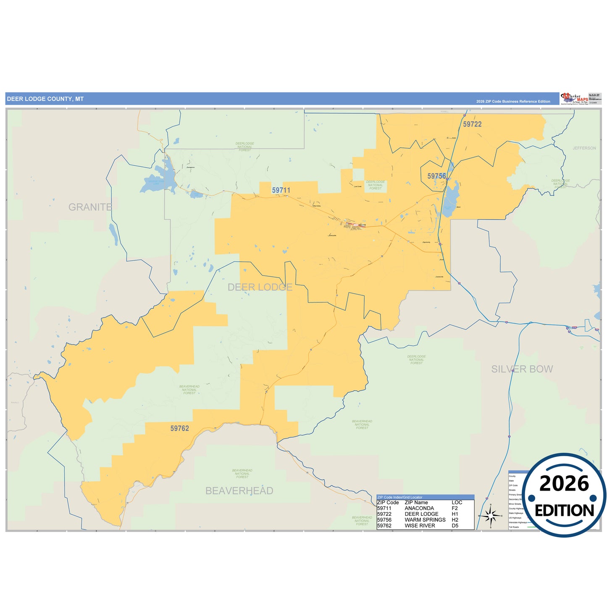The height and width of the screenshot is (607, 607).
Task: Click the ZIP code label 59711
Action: [281, 190]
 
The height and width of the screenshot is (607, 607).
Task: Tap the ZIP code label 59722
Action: [472, 124]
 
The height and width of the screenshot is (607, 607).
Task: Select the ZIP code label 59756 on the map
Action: [436, 176]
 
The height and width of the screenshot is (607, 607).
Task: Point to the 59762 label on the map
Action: [179, 428]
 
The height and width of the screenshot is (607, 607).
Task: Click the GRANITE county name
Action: [90, 207]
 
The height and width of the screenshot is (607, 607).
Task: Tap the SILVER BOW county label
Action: [522, 369]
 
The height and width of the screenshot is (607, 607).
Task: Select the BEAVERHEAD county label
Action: [239, 491]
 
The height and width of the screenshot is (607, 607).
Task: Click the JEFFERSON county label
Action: [584, 148]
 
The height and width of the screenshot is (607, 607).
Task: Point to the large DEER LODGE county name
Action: [260, 287]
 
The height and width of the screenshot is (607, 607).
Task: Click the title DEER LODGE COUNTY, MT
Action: [45, 99]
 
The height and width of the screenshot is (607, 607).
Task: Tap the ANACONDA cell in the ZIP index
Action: [419, 508]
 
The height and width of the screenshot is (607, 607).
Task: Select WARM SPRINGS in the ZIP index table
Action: [425, 520]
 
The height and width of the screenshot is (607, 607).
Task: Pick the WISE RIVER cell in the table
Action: [420, 526]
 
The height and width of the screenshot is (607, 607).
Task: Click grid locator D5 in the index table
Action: [455, 526]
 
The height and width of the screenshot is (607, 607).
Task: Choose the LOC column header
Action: [457, 502]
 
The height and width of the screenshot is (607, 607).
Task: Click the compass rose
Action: [490, 515]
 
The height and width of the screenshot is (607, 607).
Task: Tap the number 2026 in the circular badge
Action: [564, 484]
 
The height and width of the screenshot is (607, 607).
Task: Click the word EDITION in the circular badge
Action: [564, 510]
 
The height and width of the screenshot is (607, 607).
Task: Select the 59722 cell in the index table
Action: [384, 514]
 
